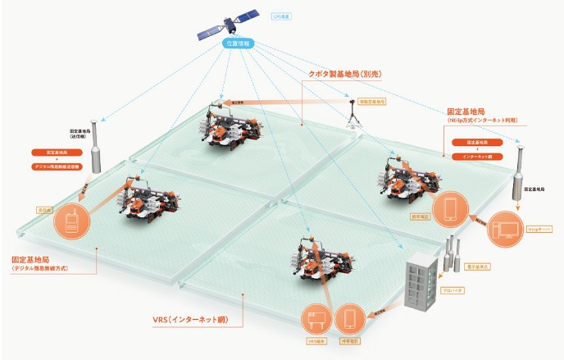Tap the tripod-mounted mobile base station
(352, 117)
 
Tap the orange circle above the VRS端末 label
(317, 316)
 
